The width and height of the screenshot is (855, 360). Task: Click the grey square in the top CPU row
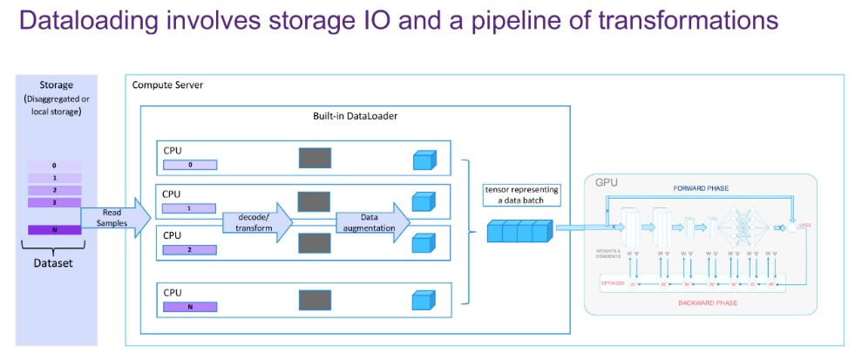point(315,157)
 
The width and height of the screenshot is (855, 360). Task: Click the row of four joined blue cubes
point(519,232)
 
